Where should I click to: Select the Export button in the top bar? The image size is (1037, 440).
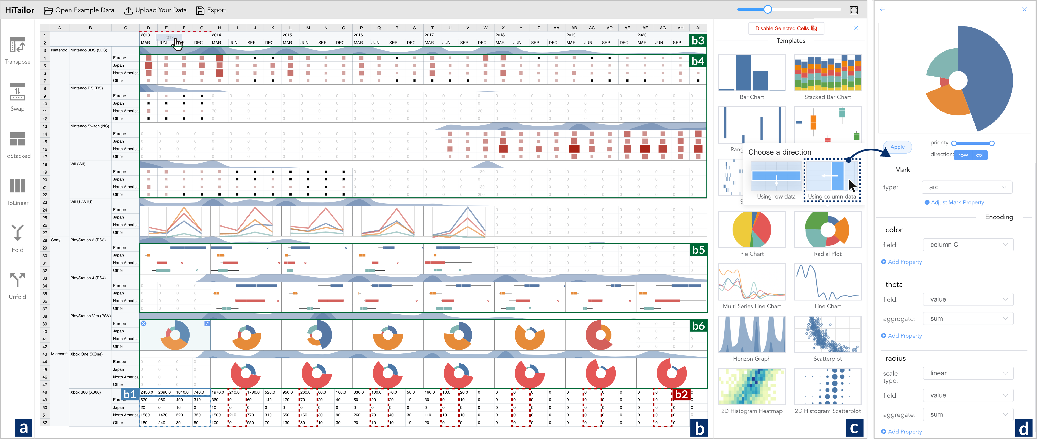(x=211, y=10)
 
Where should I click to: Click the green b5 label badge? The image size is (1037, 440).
(x=698, y=250)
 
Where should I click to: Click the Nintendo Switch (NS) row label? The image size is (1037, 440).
(x=90, y=126)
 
